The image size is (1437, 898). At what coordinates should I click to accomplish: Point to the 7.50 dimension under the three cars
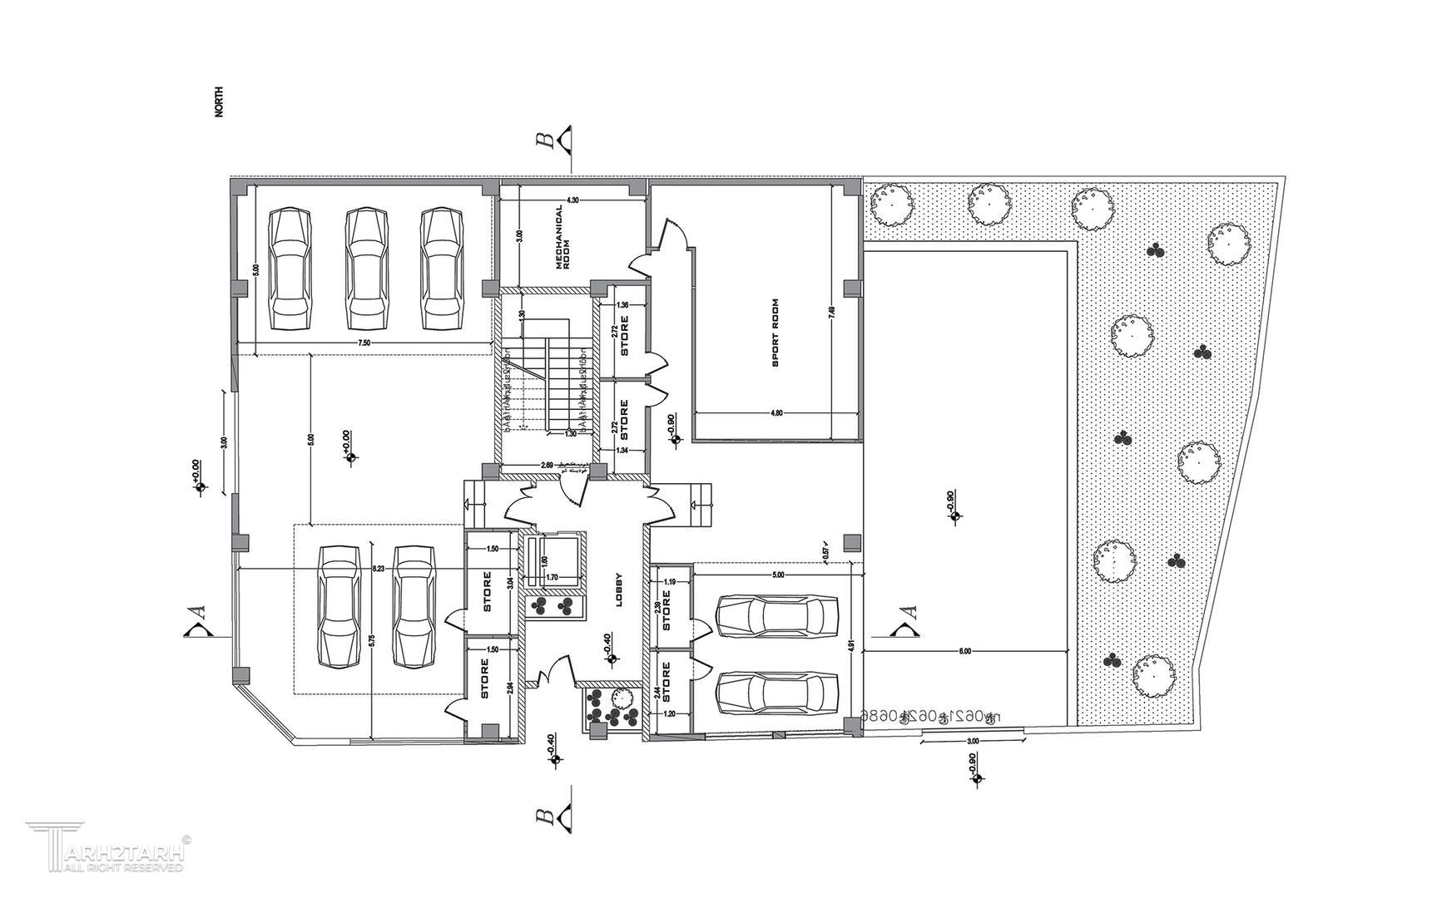pos(364,343)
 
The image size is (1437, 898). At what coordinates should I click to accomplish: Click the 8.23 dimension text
pos(379,568)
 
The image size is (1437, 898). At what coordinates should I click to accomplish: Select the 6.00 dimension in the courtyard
pos(964,651)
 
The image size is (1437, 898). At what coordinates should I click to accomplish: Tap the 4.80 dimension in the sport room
pos(777,412)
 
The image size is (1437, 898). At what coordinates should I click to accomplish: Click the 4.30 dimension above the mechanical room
pos(572,200)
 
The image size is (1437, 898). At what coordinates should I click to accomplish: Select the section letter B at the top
pos(546,138)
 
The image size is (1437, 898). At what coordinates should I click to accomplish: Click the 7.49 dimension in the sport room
pos(832,314)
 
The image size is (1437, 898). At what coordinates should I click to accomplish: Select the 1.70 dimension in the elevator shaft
pos(551,576)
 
